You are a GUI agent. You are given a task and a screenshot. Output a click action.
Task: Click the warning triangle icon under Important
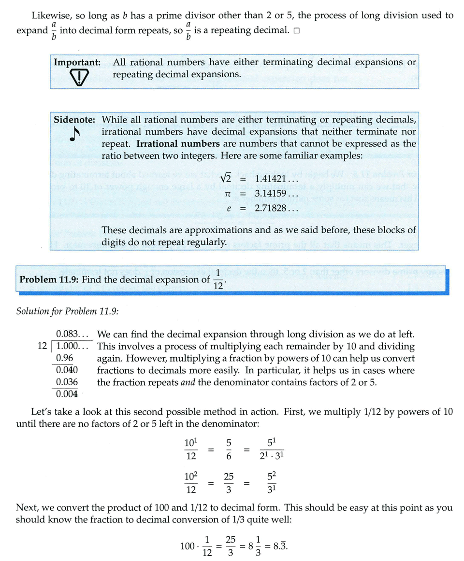[x=78, y=77]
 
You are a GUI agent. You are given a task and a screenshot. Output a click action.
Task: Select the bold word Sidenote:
[x=74, y=119]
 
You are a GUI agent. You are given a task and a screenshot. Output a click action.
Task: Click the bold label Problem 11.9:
[x=50, y=280]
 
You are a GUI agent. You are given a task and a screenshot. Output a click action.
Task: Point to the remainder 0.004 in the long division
[x=67, y=393]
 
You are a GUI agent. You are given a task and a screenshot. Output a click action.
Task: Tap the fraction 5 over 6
[x=229, y=449]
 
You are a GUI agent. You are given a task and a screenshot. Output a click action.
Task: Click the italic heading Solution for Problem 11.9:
[x=68, y=311]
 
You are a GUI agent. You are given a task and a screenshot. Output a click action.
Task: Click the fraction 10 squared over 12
[x=191, y=483]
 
